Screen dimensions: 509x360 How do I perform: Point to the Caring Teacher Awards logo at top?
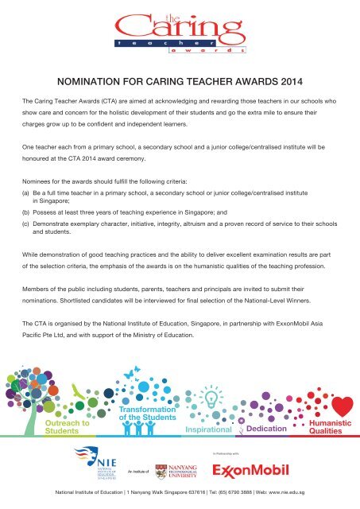pyautogui.click(x=180, y=36)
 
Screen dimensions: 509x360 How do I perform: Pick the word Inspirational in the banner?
pyautogui.click(x=209, y=429)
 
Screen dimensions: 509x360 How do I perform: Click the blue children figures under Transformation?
pyautogui.click(x=140, y=429)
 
